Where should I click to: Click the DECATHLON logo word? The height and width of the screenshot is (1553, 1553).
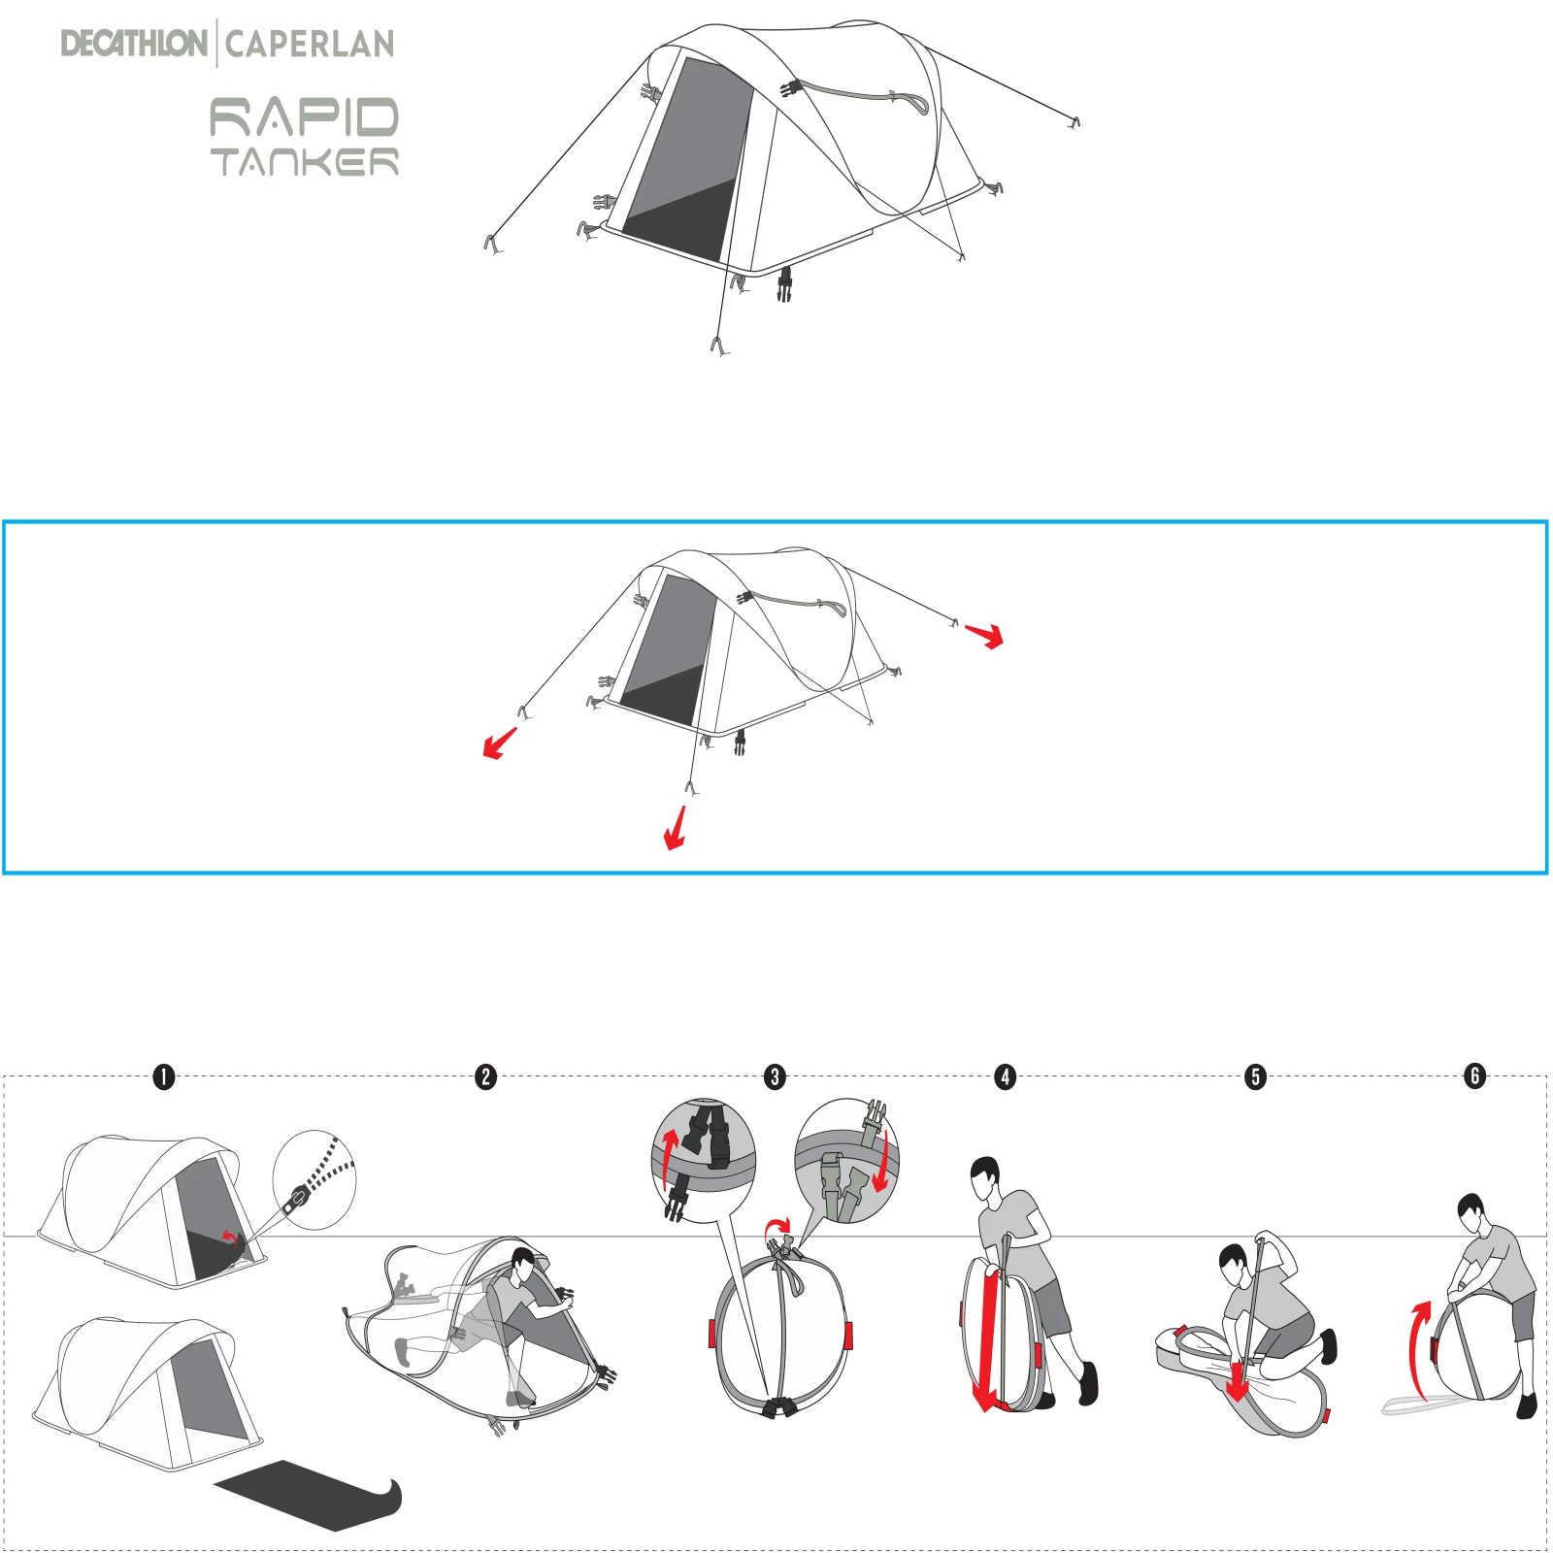click(x=133, y=44)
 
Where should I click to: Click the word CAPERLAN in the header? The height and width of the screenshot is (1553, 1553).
click(x=310, y=44)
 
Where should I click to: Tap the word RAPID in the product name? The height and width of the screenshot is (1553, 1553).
click(x=304, y=117)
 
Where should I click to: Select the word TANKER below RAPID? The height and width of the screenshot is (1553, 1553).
click(x=304, y=162)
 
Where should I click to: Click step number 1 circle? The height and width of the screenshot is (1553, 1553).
click(x=164, y=1076)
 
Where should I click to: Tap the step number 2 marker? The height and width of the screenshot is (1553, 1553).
click(x=486, y=1076)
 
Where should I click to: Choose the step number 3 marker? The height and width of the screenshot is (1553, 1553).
click(x=775, y=1076)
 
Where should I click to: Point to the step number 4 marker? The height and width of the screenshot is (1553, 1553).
click(x=1006, y=1076)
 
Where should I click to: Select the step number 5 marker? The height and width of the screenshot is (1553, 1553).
click(x=1256, y=1076)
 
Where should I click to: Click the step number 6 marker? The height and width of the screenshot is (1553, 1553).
click(x=1475, y=1075)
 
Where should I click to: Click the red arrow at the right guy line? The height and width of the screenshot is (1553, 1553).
click(x=984, y=636)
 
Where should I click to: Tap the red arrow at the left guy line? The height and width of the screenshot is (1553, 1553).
click(x=500, y=743)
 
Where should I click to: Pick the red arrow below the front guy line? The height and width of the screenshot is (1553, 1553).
click(x=676, y=828)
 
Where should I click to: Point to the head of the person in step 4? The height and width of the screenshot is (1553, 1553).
click(x=985, y=1176)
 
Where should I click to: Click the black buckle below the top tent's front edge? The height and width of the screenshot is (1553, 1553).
click(x=784, y=283)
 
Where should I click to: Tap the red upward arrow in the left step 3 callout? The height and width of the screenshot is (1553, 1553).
click(x=669, y=1159)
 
